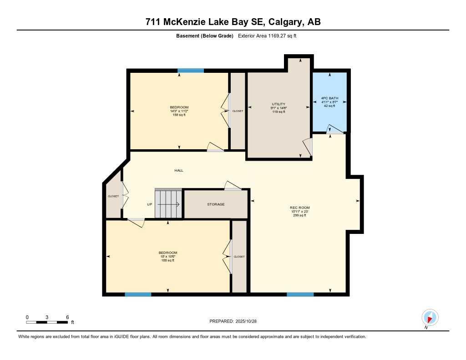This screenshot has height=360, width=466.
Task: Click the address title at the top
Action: (x=233, y=22)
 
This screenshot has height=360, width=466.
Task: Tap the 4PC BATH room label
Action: (x=329, y=102)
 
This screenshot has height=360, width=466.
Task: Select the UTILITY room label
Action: (x=279, y=107)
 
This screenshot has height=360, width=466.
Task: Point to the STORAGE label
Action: (x=216, y=204)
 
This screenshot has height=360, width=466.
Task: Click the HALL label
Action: (x=179, y=170)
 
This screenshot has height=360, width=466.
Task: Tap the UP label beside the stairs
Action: (x=149, y=204)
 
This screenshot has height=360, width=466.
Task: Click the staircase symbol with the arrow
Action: (x=168, y=204)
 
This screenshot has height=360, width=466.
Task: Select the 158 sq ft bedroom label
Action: (x=179, y=111)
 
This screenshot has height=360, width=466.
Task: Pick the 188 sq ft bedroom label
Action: (x=168, y=256)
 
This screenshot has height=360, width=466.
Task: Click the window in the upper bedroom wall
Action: (x=191, y=71)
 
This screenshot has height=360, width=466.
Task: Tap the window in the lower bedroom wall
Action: (x=138, y=294)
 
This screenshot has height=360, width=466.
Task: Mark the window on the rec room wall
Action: (x=300, y=294)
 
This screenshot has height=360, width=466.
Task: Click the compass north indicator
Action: (x=430, y=317)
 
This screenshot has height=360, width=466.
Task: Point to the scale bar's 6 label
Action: (x=67, y=317)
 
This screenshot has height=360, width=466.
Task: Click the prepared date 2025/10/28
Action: (x=236, y=321)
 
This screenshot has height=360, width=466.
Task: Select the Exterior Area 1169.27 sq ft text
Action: (x=267, y=35)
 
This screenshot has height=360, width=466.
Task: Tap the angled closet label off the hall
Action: (x=113, y=196)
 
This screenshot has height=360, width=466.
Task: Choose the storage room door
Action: (x=233, y=186)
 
